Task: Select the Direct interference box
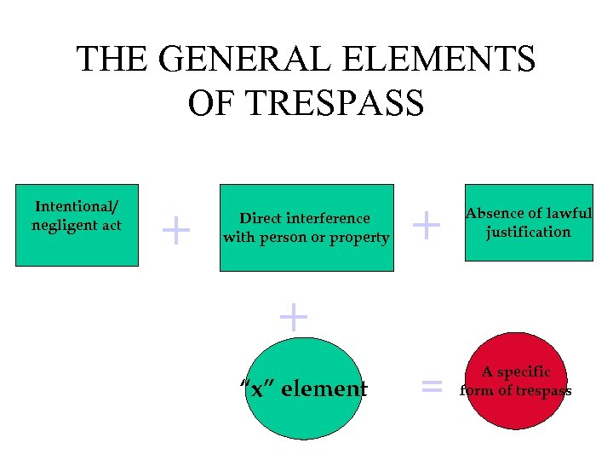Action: click(x=306, y=227)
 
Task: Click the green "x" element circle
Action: click(x=305, y=388)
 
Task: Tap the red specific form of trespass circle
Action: click(x=516, y=381)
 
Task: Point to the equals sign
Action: click(x=433, y=388)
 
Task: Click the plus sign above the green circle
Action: click(x=293, y=317)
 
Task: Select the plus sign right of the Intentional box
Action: click(x=176, y=230)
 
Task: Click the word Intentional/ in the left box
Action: click(x=77, y=207)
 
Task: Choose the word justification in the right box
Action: click(x=528, y=232)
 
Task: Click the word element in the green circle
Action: click(x=324, y=389)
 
